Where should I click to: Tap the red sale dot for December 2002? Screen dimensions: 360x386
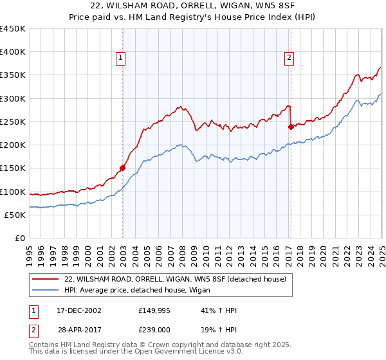tap(122, 168)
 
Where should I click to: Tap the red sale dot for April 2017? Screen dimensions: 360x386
tap(291, 127)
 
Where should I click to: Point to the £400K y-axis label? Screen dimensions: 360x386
tap(13, 52)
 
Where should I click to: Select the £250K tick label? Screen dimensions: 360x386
tap(13, 122)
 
